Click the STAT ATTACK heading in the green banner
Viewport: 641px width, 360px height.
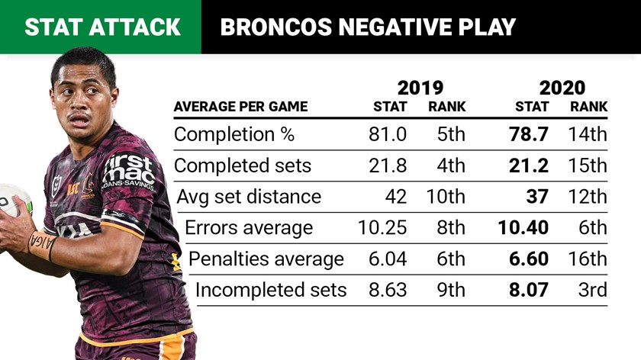tap(102, 27)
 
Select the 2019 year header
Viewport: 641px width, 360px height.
tap(420, 87)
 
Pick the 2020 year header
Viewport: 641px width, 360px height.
tap(562, 87)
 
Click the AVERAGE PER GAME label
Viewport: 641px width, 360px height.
tap(240, 107)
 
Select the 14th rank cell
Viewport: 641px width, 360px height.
tap(588, 135)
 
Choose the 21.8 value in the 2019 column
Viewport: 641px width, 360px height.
tap(387, 166)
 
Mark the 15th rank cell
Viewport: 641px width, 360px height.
tap(588, 166)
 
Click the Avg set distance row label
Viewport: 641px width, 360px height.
tap(249, 197)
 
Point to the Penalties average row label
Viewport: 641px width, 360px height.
tap(266, 259)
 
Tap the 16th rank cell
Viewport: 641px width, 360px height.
tap(588, 259)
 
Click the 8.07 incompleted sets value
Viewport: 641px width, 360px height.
tap(528, 290)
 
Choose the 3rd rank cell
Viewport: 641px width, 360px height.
tap(592, 290)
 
